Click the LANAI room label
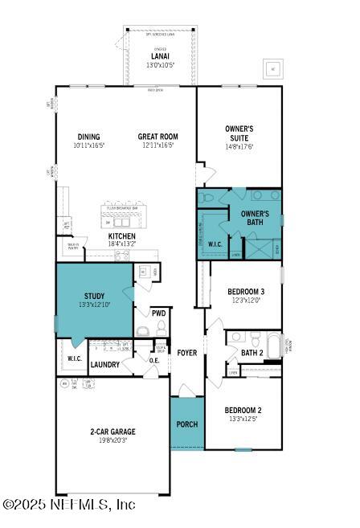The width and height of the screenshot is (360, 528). [x=160, y=56]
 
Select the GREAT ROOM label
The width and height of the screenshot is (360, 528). [x=157, y=137]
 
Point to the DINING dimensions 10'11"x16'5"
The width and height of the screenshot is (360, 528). [x=88, y=145]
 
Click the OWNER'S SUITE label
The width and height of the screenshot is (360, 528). [x=239, y=133]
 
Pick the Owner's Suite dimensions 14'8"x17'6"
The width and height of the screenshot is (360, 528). [x=239, y=146]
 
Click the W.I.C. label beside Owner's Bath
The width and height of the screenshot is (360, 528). [x=215, y=244]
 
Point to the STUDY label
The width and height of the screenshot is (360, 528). [x=94, y=296]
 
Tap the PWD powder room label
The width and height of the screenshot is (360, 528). [x=158, y=312]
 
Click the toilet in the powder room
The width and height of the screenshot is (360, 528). [x=161, y=328]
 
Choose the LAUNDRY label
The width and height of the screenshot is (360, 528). [x=105, y=365]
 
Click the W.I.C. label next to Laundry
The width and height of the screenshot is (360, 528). [x=75, y=358]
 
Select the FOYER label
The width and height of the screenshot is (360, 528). [x=187, y=353]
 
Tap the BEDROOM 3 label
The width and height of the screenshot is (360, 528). [x=246, y=291]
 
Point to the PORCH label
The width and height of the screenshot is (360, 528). [x=186, y=424]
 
